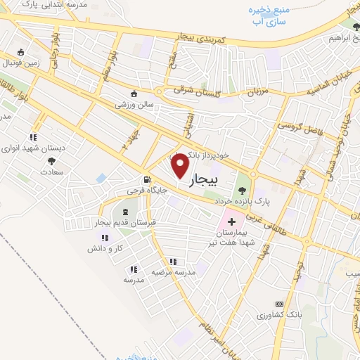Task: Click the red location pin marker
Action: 181,165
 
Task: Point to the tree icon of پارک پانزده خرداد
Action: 243,189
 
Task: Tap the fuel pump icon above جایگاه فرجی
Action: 146,179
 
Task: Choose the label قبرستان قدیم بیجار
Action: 125,223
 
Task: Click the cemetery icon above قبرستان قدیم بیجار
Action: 125,212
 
